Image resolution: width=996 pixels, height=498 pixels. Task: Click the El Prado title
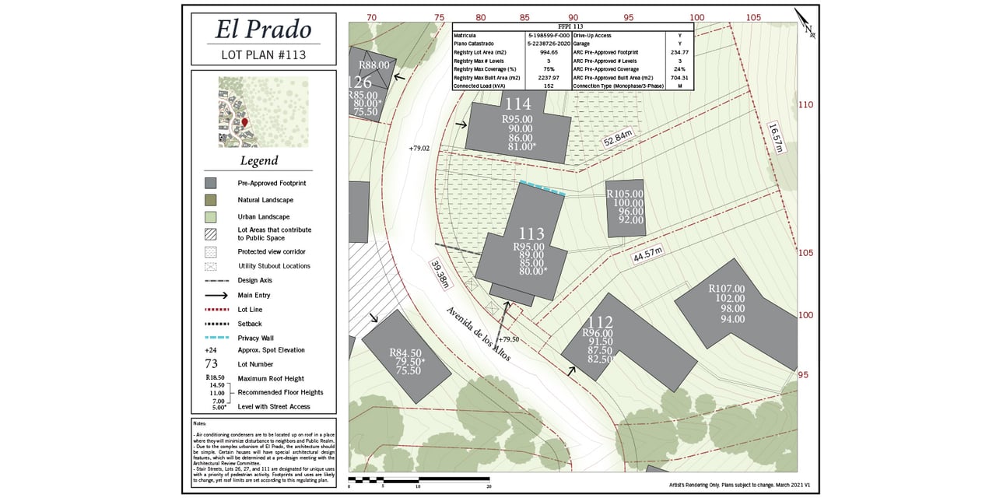click(263, 30)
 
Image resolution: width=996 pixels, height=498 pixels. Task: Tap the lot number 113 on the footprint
click(531, 233)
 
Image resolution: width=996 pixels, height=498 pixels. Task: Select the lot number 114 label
click(517, 104)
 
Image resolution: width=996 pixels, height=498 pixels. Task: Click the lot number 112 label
click(600, 322)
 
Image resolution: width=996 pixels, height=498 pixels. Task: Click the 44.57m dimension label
click(647, 254)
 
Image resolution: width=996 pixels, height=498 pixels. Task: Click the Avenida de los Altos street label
click(478, 333)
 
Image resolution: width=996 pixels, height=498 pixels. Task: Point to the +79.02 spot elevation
click(419, 148)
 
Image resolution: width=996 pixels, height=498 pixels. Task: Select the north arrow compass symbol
click(805, 23)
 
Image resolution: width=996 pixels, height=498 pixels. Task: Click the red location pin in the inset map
click(244, 122)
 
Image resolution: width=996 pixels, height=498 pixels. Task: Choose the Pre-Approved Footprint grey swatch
click(210, 183)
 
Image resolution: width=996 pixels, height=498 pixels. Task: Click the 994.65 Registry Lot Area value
click(549, 52)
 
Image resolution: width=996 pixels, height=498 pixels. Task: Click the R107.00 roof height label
click(726, 289)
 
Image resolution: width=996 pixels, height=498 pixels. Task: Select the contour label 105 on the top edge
click(753, 17)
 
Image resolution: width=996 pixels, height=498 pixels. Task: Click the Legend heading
click(258, 161)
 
